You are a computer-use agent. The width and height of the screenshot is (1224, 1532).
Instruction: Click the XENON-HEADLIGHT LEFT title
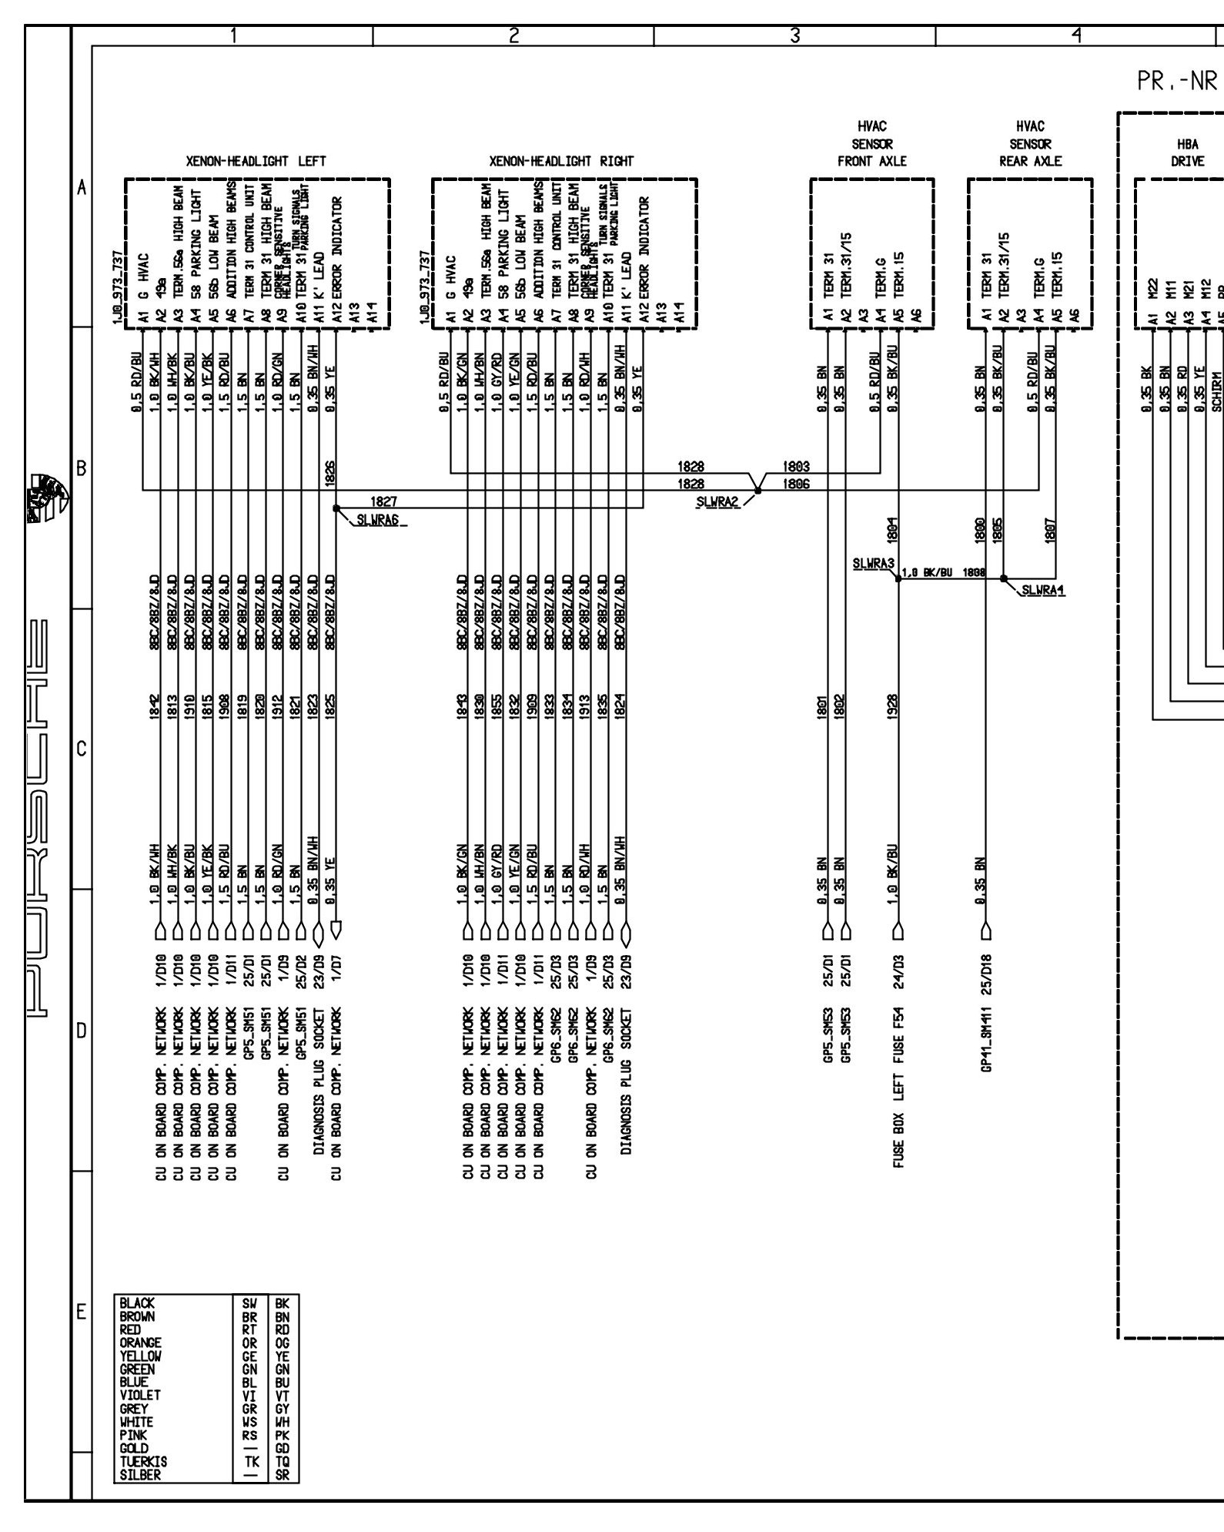(x=256, y=161)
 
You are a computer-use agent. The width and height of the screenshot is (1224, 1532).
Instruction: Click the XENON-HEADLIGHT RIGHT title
(x=561, y=161)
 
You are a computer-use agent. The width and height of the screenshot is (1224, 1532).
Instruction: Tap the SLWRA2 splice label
(x=717, y=502)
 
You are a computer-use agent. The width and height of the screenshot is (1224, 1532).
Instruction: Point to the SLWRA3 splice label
(x=873, y=564)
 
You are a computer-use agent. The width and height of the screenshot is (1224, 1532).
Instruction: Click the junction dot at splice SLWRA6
(x=336, y=508)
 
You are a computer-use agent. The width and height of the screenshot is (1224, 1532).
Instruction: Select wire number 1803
(x=795, y=467)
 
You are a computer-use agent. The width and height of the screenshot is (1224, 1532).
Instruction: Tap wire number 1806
(x=795, y=484)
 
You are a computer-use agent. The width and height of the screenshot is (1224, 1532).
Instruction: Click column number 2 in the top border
(x=513, y=35)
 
